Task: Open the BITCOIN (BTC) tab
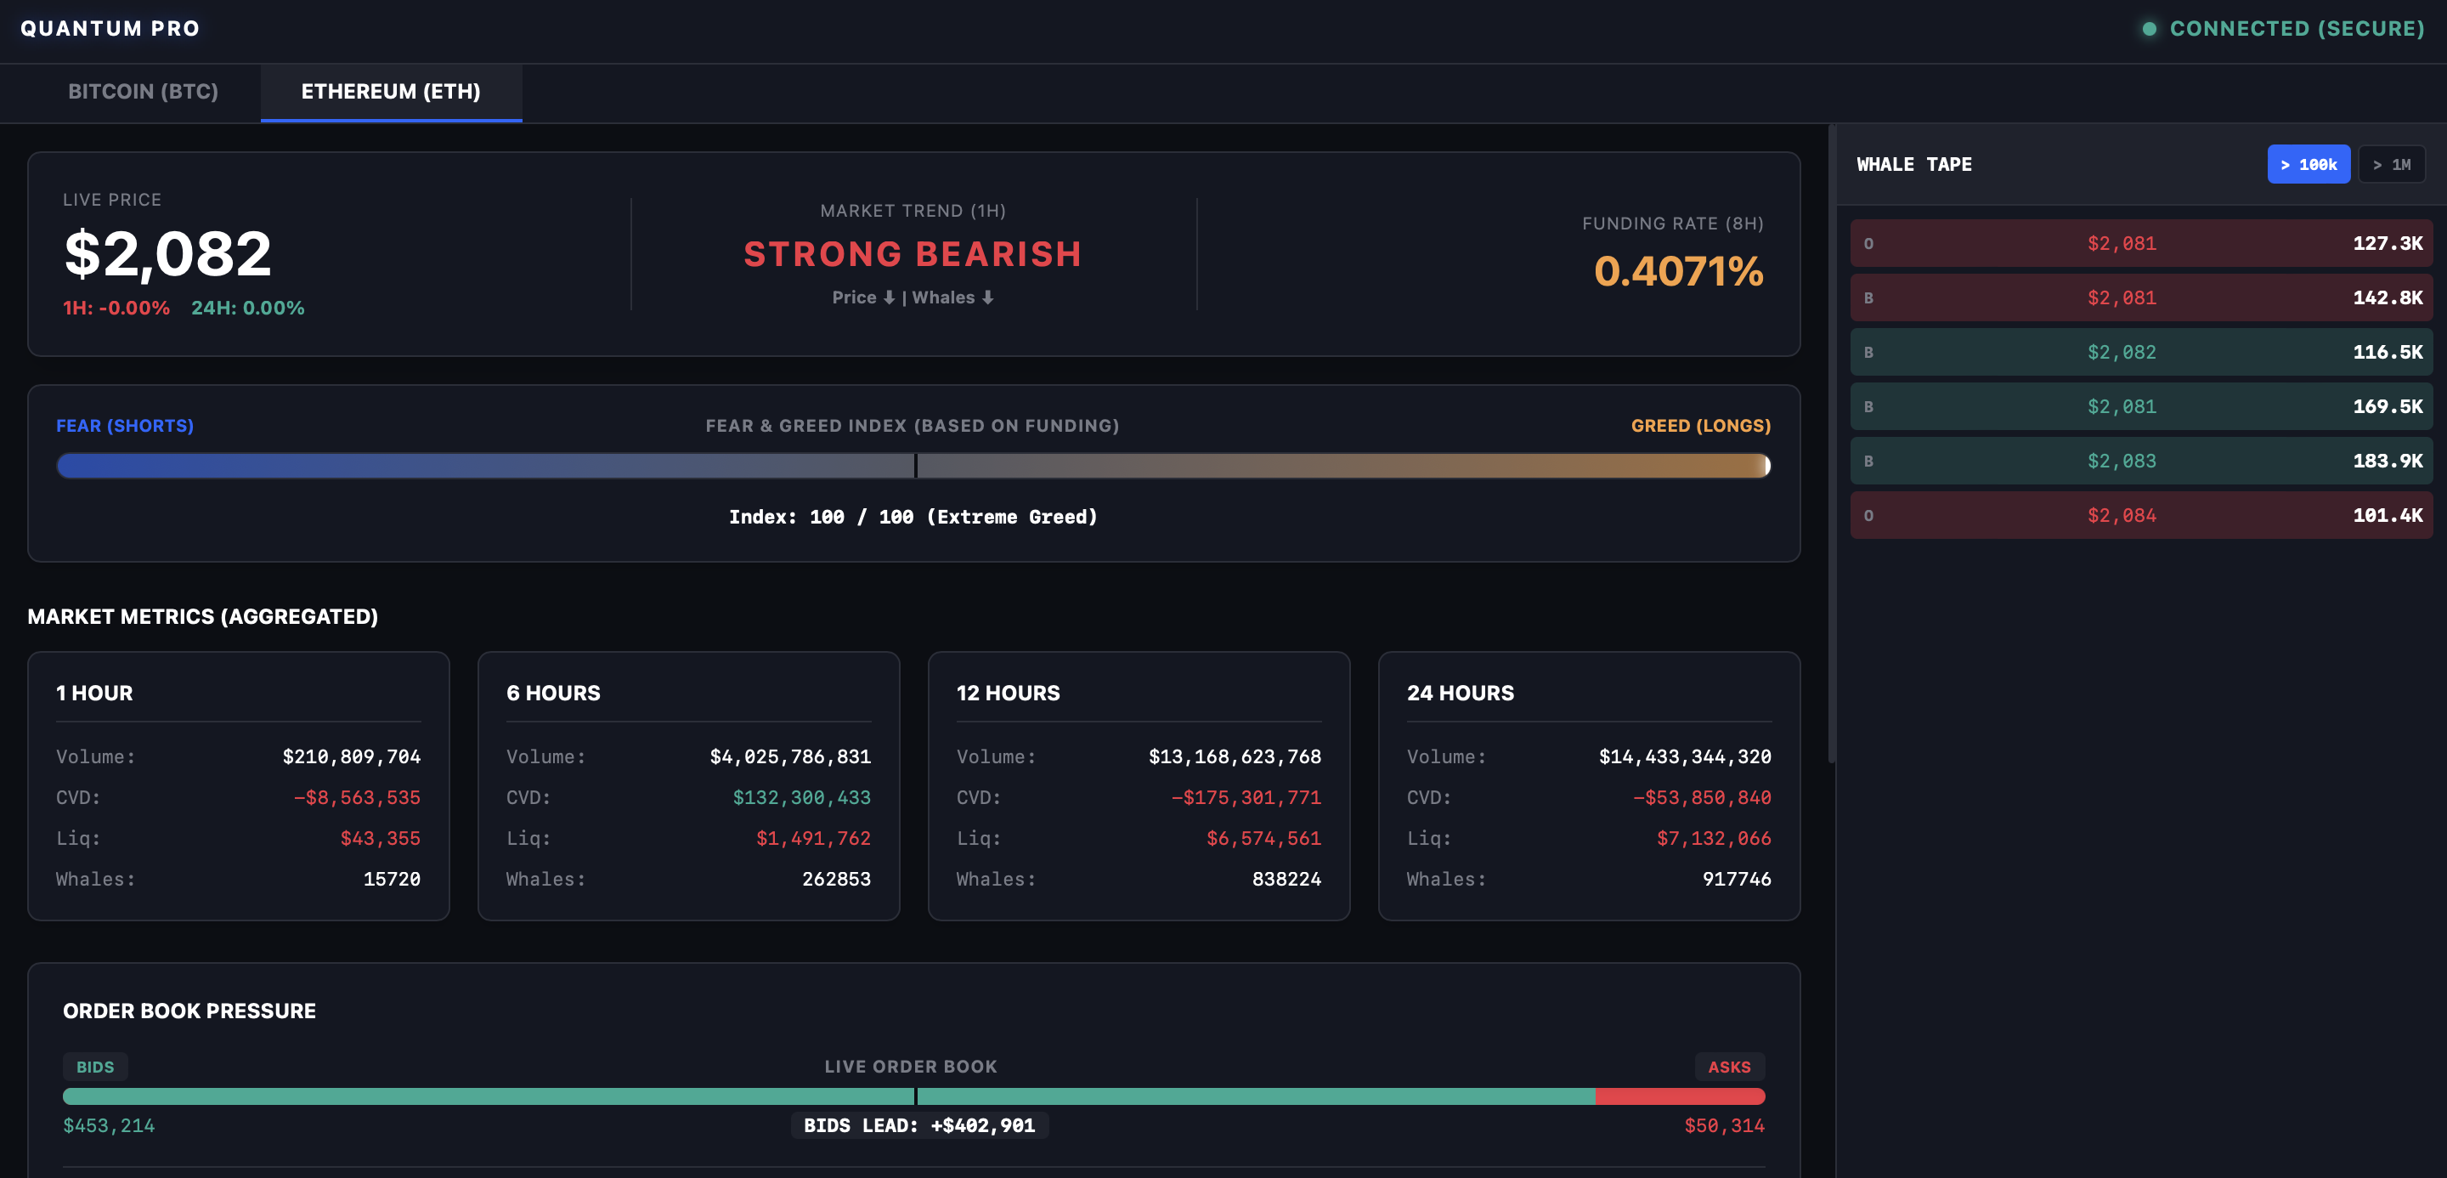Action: pyautogui.click(x=144, y=91)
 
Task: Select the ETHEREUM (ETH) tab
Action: pyautogui.click(x=391, y=91)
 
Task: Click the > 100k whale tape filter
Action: pyautogui.click(x=2309, y=164)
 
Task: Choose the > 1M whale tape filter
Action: pyautogui.click(x=2391, y=164)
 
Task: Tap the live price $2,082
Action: pyautogui.click(x=168, y=255)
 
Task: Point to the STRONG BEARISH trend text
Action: pyautogui.click(x=912, y=255)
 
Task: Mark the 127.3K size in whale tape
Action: pyautogui.click(x=2388, y=243)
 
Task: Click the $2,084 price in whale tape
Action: pyautogui.click(x=2122, y=516)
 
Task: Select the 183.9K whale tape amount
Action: pyautogui.click(x=2388, y=462)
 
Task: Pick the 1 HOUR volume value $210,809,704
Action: pyautogui.click(x=352, y=757)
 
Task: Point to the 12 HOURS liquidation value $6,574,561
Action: pyautogui.click(x=1263, y=839)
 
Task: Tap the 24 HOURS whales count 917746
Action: pyautogui.click(x=1737, y=880)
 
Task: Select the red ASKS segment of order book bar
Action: pyautogui.click(x=1680, y=1096)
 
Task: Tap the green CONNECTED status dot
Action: pyautogui.click(x=2149, y=29)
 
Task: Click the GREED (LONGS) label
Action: pyautogui.click(x=1700, y=426)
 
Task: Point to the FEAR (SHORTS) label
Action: pyautogui.click(x=124, y=426)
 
